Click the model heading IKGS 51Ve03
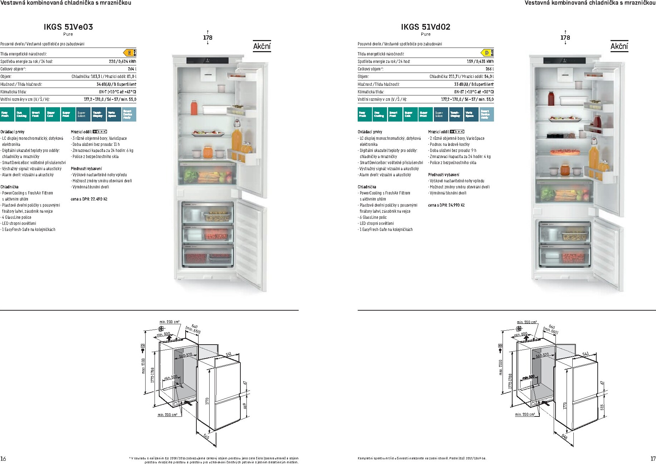coord(68,27)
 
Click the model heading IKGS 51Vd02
coord(425,27)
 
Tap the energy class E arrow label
coord(129,53)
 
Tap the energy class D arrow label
coord(487,53)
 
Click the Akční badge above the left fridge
coord(262,46)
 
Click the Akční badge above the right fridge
coord(619,46)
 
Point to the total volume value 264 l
coord(132,69)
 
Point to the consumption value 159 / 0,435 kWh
coord(480,61)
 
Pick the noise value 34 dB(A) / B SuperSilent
coord(116,84)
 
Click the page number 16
coord(3,459)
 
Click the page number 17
coord(653,459)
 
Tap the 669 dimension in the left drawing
coord(245,406)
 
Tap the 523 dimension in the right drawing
coord(602,407)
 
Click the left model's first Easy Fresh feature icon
coord(7,114)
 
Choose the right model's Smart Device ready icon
coord(486,114)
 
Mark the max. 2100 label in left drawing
coord(143,366)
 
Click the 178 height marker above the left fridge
coord(207,38)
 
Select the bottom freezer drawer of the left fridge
coord(207,255)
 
